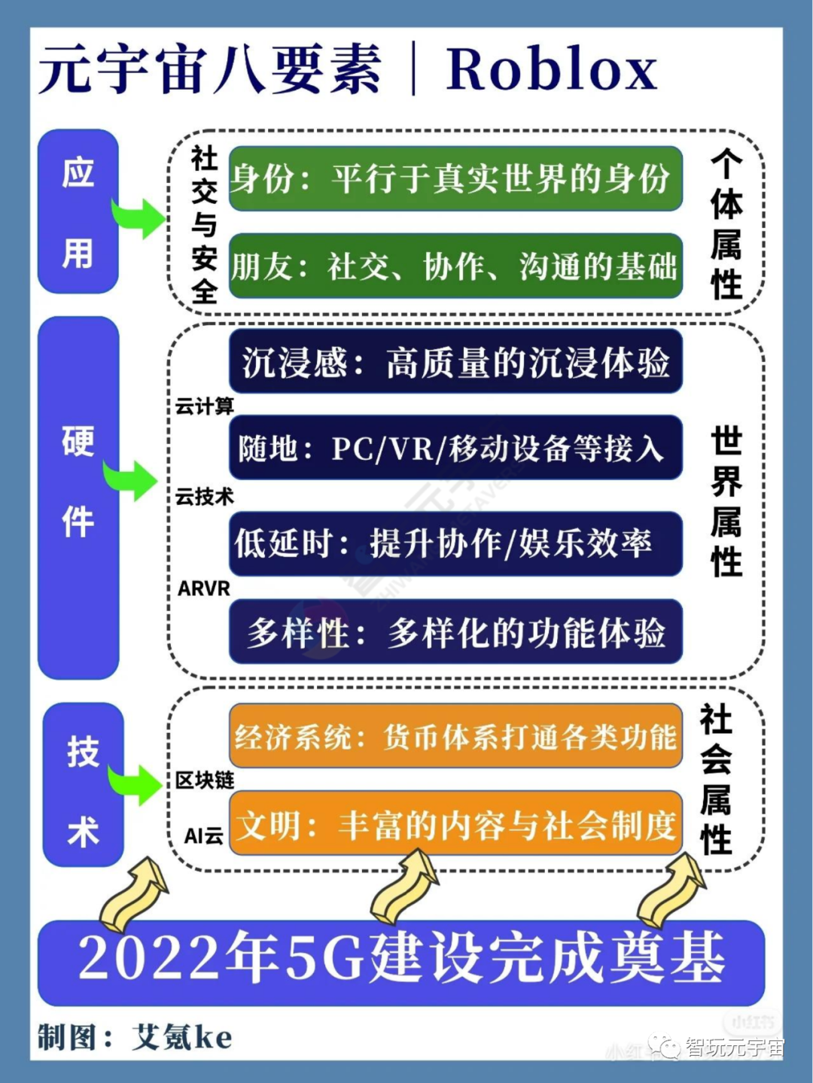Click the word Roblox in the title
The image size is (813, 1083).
point(551,70)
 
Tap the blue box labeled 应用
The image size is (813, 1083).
point(78,211)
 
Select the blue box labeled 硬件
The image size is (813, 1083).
point(78,497)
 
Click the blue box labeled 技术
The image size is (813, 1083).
point(83,784)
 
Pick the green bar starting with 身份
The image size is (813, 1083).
point(455,179)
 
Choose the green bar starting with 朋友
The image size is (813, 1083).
point(455,266)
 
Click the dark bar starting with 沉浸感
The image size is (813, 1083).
point(455,362)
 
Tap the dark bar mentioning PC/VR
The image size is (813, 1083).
point(455,449)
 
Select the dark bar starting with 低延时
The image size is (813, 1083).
point(455,543)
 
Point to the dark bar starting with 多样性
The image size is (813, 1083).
point(455,631)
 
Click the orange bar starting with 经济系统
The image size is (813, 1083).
point(455,736)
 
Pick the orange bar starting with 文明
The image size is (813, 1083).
point(455,825)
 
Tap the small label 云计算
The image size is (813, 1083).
point(204,406)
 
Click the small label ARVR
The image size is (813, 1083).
point(203,589)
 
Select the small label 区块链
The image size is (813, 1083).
point(204,780)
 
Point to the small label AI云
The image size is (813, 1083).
point(204,835)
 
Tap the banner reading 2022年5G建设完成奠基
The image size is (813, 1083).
point(401,960)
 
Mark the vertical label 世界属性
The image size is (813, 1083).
point(726,500)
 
